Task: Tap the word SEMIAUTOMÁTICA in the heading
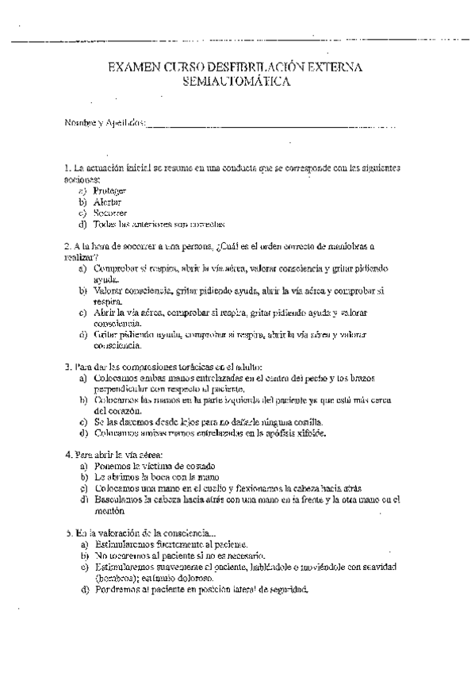tap(236, 82)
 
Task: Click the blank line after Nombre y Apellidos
tap(270, 124)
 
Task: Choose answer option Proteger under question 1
tap(109, 191)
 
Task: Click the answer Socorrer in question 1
tap(109, 213)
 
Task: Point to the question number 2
tap(66, 247)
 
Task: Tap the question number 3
tap(66, 367)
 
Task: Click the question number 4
tap(66, 456)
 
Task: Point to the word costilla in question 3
tap(305, 422)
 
